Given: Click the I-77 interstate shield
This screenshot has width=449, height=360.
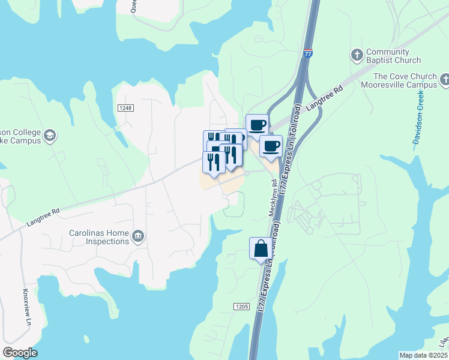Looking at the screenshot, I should tap(308, 53).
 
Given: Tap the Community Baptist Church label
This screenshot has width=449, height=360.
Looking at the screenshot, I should tap(393, 56).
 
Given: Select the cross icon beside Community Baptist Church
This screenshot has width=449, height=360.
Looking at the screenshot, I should tap(356, 55).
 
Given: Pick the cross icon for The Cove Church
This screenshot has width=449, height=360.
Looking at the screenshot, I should tap(444, 79).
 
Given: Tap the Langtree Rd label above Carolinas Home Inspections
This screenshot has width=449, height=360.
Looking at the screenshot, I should tap(43, 217).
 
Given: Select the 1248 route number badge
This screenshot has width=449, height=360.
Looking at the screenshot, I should tap(125, 107).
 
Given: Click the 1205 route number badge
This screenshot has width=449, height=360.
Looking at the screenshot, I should tap(241, 306).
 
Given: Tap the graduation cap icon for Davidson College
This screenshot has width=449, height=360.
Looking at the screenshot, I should tap(49, 135).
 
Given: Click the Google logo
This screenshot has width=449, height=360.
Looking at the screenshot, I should tap(20, 353).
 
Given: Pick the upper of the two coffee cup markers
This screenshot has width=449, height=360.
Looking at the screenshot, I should tap(257, 125).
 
